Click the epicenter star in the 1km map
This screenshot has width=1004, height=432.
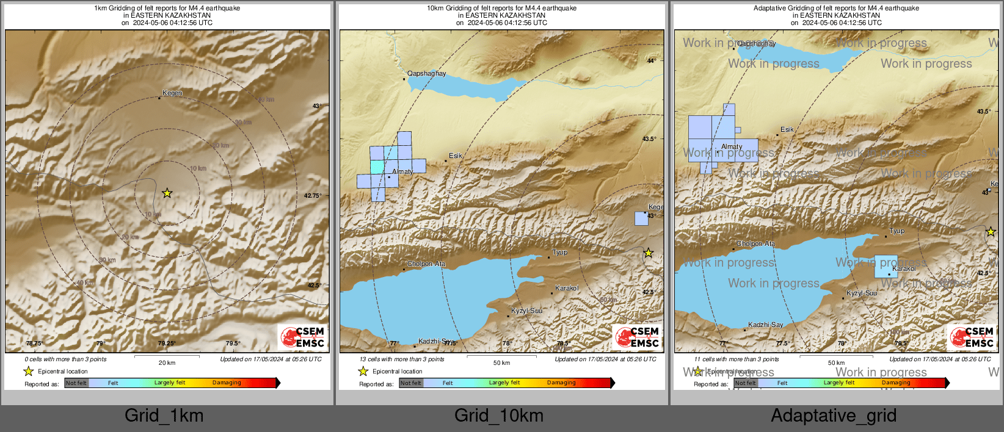click(167, 193)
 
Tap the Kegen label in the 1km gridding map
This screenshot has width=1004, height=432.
click(172, 93)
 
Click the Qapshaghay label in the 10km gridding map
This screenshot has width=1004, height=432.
click(427, 73)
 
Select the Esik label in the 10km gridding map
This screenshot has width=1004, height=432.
click(456, 156)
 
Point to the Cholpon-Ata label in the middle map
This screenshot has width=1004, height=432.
click(426, 264)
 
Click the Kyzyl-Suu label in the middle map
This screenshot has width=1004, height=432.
click(526, 311)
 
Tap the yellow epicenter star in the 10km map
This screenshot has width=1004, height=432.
click(649, 253)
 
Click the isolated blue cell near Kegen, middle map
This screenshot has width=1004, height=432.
click(641, 218)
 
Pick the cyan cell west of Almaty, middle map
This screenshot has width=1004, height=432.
click(377, 167)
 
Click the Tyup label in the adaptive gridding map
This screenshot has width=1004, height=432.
click(897, 231)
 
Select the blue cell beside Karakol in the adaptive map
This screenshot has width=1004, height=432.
click(886, 267)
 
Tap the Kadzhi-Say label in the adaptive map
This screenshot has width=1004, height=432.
click(766, 325)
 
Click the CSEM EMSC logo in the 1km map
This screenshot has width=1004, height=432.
click(302, 337)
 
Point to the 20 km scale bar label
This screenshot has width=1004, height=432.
click(167, 362)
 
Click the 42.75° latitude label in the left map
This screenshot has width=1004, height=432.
click(313, 196)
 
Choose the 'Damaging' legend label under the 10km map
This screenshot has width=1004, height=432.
click(561, 383)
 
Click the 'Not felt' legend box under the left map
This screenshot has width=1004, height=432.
click(76, 383)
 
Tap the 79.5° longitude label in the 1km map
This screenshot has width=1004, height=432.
click(233, 344)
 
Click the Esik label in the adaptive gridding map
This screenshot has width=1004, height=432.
click(787, 129)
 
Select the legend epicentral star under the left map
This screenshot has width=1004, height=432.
click(28, 371)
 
